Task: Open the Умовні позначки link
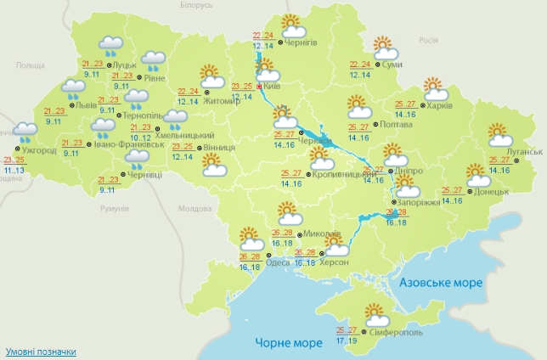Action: pos(41,351)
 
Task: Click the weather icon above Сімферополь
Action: pos(374,315)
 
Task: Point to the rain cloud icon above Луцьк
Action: pos(110,44)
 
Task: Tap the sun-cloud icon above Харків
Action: pos(435,87)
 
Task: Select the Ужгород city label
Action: pos(40,150)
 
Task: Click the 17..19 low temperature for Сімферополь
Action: pos(347,340)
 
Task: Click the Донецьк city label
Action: pos(492,192)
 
